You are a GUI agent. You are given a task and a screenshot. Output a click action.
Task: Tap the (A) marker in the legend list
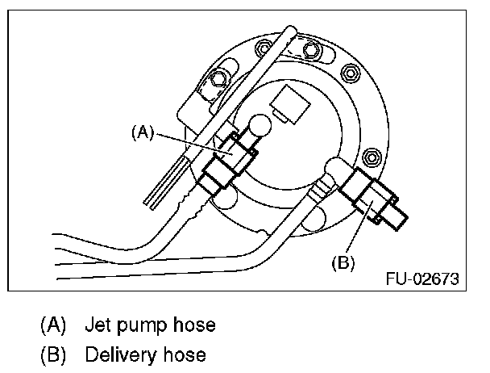(x=54, y=325)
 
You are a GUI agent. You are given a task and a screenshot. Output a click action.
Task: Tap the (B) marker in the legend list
(x=54, y=354)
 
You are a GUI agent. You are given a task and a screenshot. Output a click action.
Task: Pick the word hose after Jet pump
(x=196, y=325)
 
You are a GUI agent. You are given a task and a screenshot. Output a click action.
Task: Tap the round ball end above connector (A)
(x=260, y=128)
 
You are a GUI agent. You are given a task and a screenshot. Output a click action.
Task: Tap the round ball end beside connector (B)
(x=333, y=170)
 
